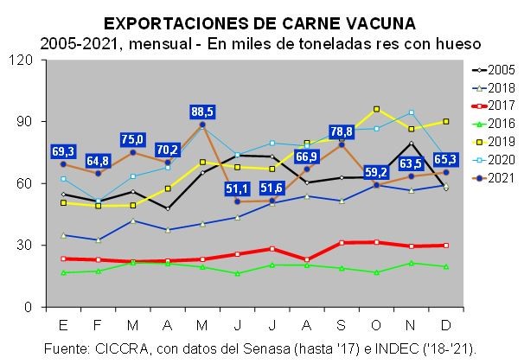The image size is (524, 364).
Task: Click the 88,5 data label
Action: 202,112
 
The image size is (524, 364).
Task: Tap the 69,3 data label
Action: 63,150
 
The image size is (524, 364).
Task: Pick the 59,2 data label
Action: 376,170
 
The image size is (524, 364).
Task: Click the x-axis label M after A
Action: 202,324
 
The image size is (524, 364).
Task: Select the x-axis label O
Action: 376,324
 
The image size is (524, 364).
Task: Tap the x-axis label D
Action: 446,324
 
